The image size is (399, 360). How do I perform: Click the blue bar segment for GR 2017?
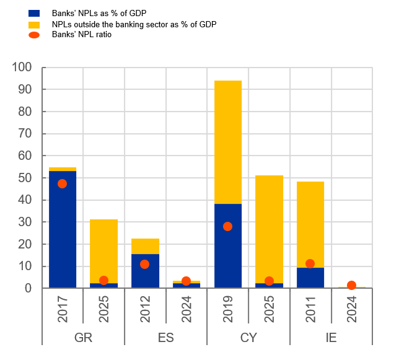(63, 235)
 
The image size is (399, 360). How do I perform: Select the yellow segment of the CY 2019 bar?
(228, 142)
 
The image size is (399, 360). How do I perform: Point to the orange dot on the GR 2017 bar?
(63, 183)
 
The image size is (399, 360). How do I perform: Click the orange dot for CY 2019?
(228, 226)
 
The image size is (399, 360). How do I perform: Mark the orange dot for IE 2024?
(351, 286)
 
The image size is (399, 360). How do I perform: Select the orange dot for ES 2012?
(145, 264)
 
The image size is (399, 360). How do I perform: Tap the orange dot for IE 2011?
(310, 263)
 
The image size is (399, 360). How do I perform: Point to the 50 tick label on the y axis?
(25, 178)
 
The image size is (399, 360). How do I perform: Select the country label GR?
(83, 338)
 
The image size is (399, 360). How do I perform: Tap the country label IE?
(331, 338)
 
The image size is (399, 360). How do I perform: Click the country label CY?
(248, 338)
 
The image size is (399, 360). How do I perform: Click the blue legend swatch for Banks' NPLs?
(34, 12)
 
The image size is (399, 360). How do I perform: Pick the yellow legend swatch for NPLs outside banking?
(34, 24)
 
